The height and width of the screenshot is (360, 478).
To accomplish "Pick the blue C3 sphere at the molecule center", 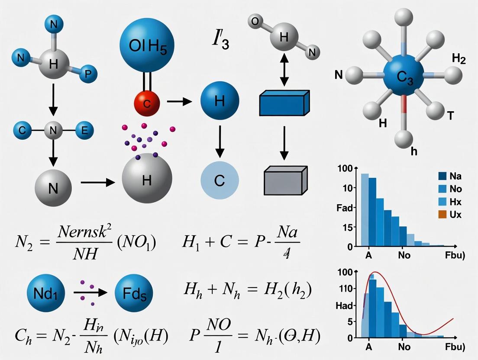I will pyautogui.click(x=404, y=76).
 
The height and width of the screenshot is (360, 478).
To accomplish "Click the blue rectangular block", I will pyautogui.click(x=284, y=103).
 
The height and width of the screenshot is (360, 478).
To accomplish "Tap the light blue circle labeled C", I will pyautogui.click(x=220, y=180).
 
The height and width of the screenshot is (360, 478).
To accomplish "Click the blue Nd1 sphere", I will pyautogui.click(x=45, y=292).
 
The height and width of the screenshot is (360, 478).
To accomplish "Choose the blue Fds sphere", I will pyautogui.click(x=134, y=292).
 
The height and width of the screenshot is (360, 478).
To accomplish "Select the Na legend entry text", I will pyautogui.click(x=455, y=176).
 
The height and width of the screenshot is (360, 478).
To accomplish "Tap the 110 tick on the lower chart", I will pyautogui.click(x=348, y=289).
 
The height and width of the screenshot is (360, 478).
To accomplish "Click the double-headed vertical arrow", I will pyautogui.click(x=284, y=69).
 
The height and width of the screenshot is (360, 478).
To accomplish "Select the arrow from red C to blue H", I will pyautogui.click(x=179, y=102).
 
